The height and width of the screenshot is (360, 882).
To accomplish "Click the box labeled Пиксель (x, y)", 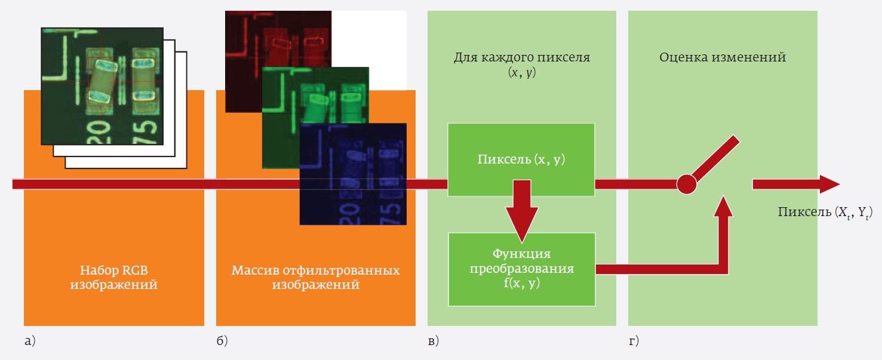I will point(521,159).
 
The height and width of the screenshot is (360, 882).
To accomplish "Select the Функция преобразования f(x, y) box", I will point(521,269).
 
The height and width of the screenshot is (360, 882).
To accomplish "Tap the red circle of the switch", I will point(687,184).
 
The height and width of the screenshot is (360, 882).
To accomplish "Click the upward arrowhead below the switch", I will point(724,207).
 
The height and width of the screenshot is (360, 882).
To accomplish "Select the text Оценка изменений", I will point(723,58).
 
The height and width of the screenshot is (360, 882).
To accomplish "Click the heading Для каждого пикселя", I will point(521,58).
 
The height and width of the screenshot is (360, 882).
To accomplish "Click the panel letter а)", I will point(30,341).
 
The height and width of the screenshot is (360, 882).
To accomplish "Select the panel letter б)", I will point(222,341).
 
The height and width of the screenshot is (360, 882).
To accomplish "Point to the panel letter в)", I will point(433,341).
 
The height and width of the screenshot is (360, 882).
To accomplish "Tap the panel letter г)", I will point(634,341).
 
